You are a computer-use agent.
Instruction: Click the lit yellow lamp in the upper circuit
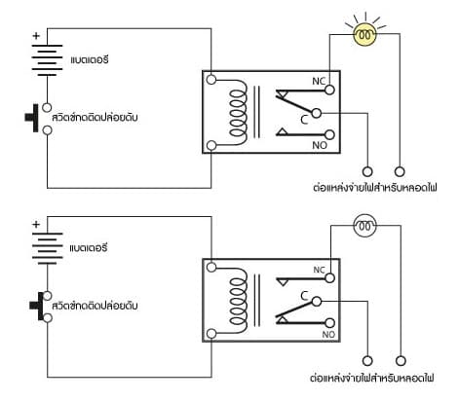[365, 34]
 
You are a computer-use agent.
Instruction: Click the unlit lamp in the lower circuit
[365, 226]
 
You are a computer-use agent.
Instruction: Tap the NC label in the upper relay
[319, 81]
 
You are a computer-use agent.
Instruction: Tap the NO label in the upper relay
[320, 145]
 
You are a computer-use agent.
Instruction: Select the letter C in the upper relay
[304, 120]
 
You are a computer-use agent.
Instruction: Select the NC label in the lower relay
[319, 270]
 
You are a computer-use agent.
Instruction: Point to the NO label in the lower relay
[328, 334]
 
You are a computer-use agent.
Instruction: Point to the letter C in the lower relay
[304, 296]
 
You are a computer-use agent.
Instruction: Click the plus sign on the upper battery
[36, 36]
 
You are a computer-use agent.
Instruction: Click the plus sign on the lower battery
[36, 224]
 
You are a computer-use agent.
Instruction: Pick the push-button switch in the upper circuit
[39, 119]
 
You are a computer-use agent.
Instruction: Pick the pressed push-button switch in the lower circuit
[41, 307]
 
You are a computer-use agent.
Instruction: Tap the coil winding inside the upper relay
[237, 112]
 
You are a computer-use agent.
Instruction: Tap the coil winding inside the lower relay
[237, 301]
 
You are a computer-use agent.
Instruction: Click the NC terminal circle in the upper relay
[329, 90]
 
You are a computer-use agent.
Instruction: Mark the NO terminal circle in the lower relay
[329, 323]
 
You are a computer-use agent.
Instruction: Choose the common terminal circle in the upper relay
[317, 113]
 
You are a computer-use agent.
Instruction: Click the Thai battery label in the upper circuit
[90, 59]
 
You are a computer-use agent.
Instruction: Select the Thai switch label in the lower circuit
[95, 306]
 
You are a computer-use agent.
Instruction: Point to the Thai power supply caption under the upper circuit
[375, 187]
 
